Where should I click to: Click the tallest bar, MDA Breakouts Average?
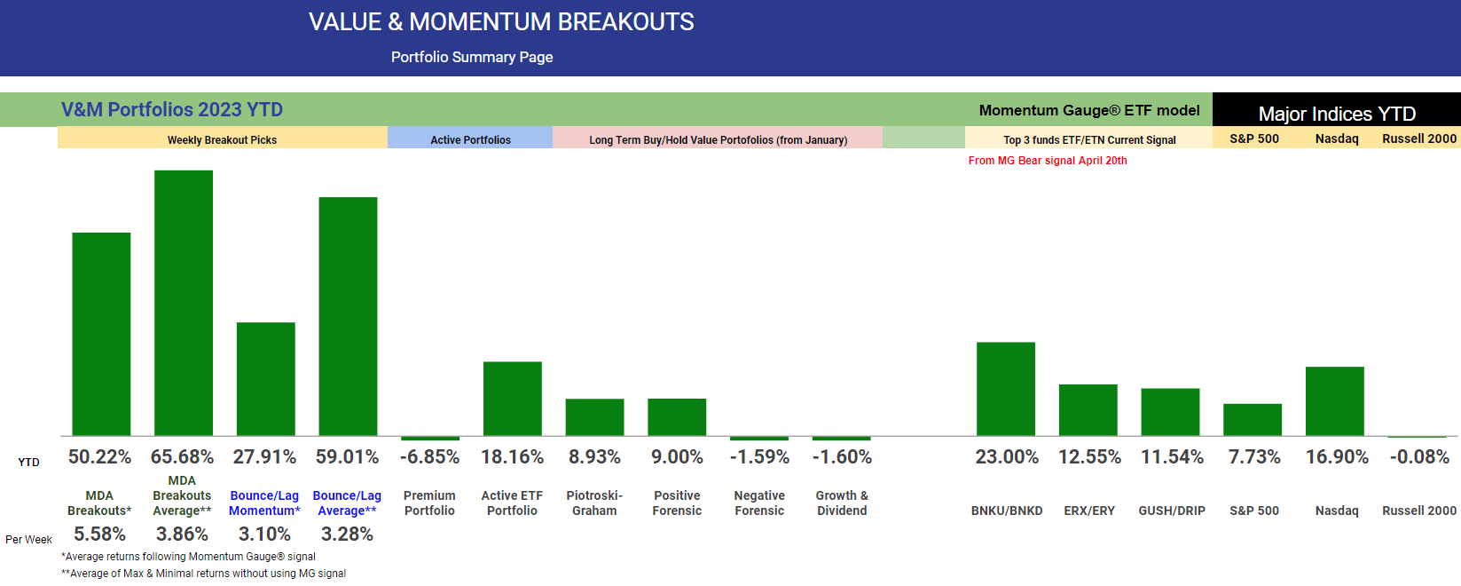pyautogui.click(x=184, y=303)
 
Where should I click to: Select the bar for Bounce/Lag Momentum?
pyautogui.click(x=265, y=379)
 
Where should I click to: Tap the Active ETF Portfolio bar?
pyautogui.click(x=512, y=399)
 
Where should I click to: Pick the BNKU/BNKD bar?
pyautogui.click(x=1006, y=389)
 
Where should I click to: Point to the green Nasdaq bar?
pyautogui.click(x=1334, y=401)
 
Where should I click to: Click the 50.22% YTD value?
pyautogui.click(x=99, y=457)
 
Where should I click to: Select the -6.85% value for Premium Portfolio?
pyautogui.click(x=429, y=457)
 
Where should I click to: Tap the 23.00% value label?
pyautogui.click(x=1007, y=457)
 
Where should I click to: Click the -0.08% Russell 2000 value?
pyautogui.click(x=1419, y=457)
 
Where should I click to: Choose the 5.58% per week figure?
pyautogui.click(x=99, y=535)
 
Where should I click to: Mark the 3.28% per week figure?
pyautogui.click(x=347, y=535)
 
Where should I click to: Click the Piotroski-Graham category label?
pyautogui.click(x=594, y=503)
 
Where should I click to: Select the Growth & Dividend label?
pyautogui.click(x=842, y=503)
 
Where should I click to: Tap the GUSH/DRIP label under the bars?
pyautogui.click(x=1172, y=511)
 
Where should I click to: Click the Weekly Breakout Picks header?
pyautogui.click(x=222, y=140)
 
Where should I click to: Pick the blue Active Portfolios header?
pyautogui.click(x=470, y=140)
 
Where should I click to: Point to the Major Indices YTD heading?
pyautogui.click(x=1337, y=114)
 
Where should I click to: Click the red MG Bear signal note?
pyautogui.click(x=1048, y=161)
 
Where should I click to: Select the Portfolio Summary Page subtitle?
pyautogui.click(x=472, y=57)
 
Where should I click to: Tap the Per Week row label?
pyautogui.click(x=28, y=540)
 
